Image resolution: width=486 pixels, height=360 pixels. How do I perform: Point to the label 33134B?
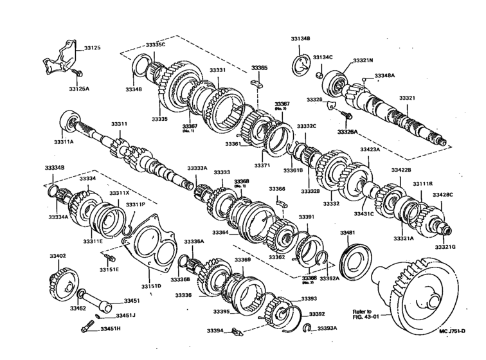300,39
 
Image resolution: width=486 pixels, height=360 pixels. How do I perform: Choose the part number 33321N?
363,60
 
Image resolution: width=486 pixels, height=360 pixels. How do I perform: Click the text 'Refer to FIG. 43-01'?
366,314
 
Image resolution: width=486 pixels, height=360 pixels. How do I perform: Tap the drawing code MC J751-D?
458,350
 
